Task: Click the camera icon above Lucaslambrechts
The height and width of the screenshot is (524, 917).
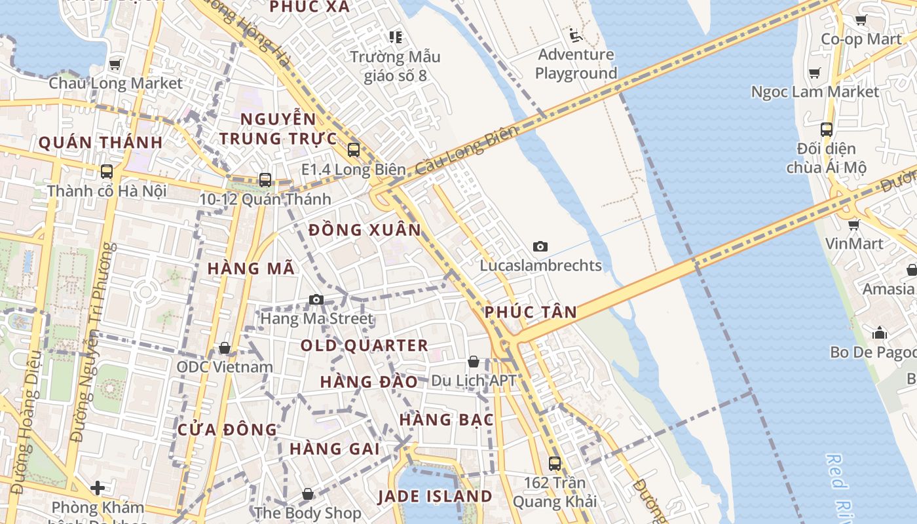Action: (540, 246)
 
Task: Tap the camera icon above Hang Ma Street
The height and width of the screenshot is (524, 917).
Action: (316, 299)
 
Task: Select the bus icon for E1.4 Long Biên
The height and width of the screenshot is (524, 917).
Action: (354, 149)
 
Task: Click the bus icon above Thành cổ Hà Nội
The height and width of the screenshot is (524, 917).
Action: (106, 172)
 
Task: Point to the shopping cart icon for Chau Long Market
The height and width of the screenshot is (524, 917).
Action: (115, 64)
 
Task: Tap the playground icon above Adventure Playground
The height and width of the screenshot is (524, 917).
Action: (576, 35)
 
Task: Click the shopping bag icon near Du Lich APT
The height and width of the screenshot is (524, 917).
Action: (473, 362)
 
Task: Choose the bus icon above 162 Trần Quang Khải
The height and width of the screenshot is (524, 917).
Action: (554, 463)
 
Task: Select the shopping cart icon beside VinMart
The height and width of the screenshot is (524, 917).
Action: (853, 225)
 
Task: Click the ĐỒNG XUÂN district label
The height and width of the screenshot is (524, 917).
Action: (364, 230)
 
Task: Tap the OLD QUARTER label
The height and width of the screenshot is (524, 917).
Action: (364, 345)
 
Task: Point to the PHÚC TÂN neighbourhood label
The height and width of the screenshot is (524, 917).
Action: (531, 312)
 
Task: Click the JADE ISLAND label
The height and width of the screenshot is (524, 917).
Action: (435, 496)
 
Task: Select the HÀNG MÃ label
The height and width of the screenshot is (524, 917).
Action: (251, 269)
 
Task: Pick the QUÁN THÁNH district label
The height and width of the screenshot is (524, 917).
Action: (100, 142)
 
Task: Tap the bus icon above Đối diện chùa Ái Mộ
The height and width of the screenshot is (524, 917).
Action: (826, 129)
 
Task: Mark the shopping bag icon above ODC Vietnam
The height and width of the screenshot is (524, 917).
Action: (225, 348)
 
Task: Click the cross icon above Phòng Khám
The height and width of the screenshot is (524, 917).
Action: (98, 488)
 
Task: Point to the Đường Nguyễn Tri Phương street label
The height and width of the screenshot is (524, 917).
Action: (94, 341)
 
